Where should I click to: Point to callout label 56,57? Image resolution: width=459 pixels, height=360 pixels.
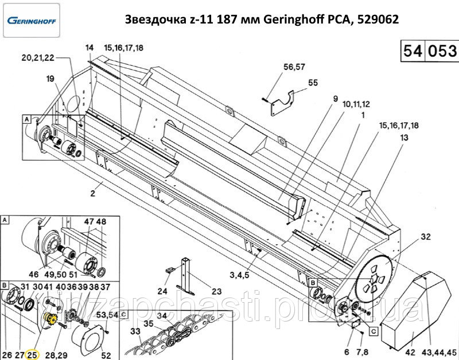tap(294, 68)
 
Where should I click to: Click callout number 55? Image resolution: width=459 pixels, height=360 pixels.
tap(313, 83)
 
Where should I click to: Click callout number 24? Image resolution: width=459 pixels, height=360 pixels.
tap(162, 290)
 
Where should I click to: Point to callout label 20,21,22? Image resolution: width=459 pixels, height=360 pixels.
tap(38, 57)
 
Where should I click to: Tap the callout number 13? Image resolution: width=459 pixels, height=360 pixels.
tap(404, 138)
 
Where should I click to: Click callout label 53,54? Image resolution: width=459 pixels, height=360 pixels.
tap(107, 315)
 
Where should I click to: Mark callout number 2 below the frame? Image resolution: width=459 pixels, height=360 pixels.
tap(92, 193)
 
